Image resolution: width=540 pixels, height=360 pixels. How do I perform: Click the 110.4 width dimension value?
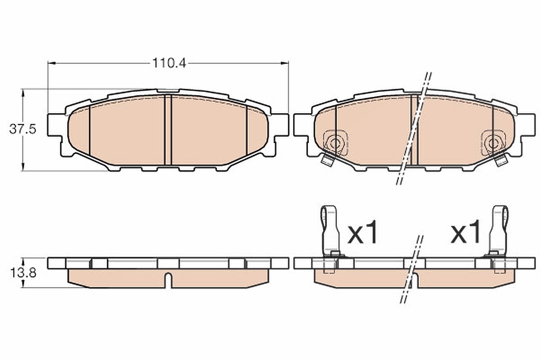tap(169, 63)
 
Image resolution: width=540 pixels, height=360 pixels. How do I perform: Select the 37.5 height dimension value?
tap(22, 129)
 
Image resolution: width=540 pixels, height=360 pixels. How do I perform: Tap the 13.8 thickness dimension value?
tap(23, 273)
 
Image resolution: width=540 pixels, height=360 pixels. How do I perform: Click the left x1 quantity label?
tap(362, 232)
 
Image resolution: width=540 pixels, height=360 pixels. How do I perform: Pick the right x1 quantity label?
tap(465, 232)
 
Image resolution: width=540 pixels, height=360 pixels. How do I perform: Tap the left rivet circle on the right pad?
tap(334, 144)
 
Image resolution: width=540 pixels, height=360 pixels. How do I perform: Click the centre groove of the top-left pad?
tap(168, 130)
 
